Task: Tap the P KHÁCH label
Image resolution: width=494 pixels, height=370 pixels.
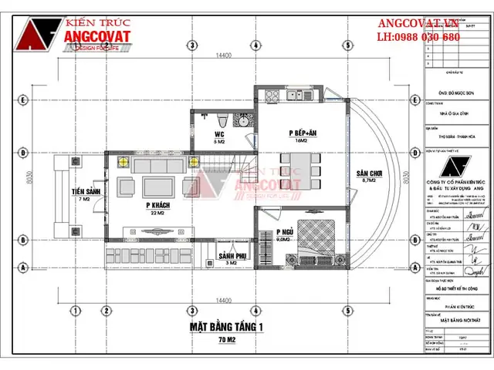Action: coord(157,205)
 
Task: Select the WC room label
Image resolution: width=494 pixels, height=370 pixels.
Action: coord(218,134)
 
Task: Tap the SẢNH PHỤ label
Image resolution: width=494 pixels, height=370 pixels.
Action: coord(229,255)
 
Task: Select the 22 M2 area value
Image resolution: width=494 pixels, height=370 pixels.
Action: coord(157,213)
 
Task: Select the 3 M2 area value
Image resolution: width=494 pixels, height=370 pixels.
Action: coord(229,263)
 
